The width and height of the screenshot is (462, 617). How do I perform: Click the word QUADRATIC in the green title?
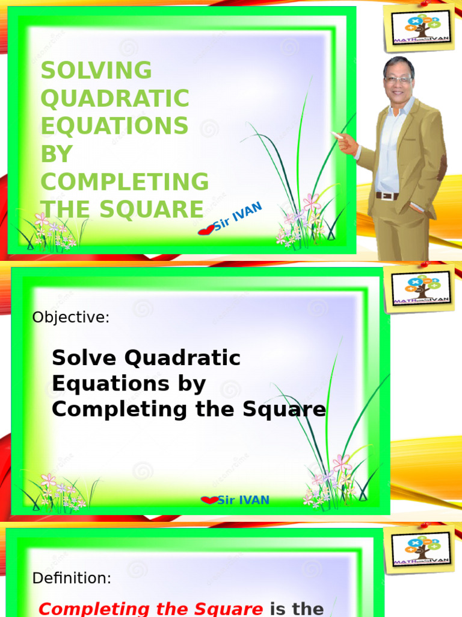tap(115, 98)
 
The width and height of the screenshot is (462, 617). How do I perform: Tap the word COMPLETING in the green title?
tap(125, 181)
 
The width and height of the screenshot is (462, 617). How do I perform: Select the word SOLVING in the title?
tap(96, 70)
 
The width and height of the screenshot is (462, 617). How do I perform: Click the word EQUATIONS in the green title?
tap(114, 126)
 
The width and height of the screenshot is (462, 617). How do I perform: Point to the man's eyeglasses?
tap(398, 80)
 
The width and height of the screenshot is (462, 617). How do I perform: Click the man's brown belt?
tap(387, 196)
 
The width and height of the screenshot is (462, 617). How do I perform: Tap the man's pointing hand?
tap(345, 143)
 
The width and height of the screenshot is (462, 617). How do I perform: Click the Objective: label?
tap(71, 318)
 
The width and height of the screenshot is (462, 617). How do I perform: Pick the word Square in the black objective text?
tap(294, 410)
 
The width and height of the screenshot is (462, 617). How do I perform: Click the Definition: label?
tap(72, 578)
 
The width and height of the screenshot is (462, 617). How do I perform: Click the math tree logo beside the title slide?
tap(419, 28)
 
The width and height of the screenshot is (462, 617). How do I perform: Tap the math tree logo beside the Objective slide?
tap(420, 289)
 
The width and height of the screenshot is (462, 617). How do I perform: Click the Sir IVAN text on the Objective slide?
tap(242, 500)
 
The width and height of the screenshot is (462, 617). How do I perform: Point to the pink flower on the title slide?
tap(312, 202)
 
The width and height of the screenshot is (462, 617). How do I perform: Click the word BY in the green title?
tap(57, 154)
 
